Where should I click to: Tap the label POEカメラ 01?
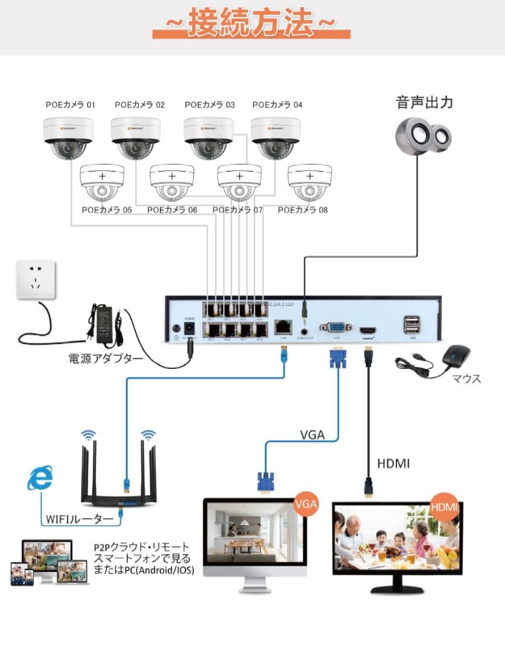tap(71, 104)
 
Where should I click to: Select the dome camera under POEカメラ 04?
tap(275, 138)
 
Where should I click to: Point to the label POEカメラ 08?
tap(302, 210)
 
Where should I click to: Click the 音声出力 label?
tap(424, 102)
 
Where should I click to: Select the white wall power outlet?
tap(36, 279)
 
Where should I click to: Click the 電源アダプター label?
tap(105, 359)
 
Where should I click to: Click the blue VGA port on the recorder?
tap(337, 328)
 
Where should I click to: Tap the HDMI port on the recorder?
tap(368, 330)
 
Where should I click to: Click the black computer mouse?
tap(456, 359)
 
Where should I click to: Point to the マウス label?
tap(467, 379)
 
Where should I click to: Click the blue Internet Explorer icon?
tap(40, 479)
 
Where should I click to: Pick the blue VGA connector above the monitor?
tap(264, 482)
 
